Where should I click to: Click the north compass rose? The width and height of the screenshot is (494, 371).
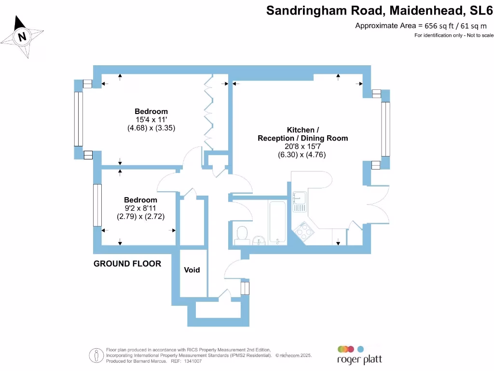[22, 37]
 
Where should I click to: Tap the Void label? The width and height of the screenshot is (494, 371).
[192, 270]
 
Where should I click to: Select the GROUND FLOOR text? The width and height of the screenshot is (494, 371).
[127, 264]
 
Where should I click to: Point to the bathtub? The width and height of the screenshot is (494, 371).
[277, 222]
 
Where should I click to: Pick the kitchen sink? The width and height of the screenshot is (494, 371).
[299, 201]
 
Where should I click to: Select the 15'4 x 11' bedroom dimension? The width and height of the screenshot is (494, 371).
[151, 120]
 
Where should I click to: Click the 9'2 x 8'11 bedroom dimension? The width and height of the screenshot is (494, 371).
[140, 209]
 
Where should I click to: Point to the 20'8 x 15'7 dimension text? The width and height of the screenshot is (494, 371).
[303, 146]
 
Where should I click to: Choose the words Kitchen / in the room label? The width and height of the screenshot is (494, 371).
[303, 130]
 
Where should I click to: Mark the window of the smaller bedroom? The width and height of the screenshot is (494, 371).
[98, 205]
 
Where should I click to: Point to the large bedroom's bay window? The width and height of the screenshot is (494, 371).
[78, 119]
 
